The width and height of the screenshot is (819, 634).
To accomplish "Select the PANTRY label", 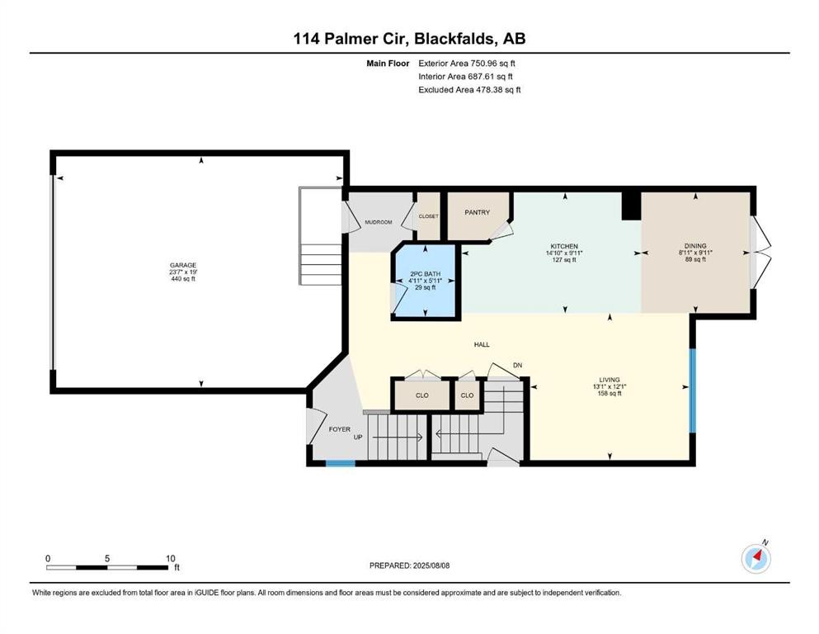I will pyautogui.click(x=478, y=212).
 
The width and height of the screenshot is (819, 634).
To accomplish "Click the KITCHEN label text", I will pyautogui.click(x=565, y=246).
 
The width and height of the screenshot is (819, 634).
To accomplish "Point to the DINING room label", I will pyautogui.click(x=695, y=245).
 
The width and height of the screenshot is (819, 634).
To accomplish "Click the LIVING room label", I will pyautogui.click(x=610, y=380).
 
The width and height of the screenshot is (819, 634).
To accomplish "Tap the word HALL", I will pyautogui.click(x=482, y=344).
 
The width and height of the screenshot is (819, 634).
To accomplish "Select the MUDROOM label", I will pyautogui.click(x=379, y=222).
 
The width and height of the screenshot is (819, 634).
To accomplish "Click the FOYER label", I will pyautogui.click(x=340, y=429).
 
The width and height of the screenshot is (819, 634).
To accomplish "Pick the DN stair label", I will pyautogui.click(x=518, y=365).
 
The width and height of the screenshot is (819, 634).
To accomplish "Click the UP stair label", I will pyautogui.click(x=358, y=438).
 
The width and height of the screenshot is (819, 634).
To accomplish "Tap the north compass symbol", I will pyautogui.click(x=755, y=559).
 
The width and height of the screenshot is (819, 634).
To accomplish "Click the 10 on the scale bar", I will pyautogui.click(x=170, y=558).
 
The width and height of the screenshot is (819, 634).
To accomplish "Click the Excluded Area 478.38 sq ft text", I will pyautogui.click(x=469, y=89).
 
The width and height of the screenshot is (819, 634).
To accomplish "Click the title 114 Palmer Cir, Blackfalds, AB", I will pyautogui.click(x=409, y=37).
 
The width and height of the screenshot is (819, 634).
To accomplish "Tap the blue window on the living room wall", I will pyautogui.click(x=693, y=390).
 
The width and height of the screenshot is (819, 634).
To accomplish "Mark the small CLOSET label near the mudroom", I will pyautogui.click(x=429, y=216).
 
